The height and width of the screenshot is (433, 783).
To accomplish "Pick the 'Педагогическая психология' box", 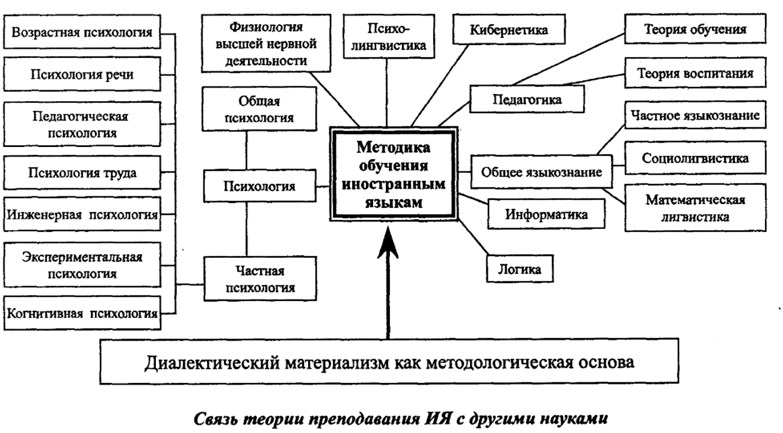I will point(82,122).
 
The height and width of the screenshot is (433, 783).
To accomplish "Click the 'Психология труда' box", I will point(82,174).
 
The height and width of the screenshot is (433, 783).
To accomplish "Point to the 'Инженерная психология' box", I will point(82,214).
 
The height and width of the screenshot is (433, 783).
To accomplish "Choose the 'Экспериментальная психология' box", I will point(82,265).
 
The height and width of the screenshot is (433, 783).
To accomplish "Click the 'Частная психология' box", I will point(259,279).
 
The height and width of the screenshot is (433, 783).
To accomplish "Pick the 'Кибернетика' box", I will point(504,30).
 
